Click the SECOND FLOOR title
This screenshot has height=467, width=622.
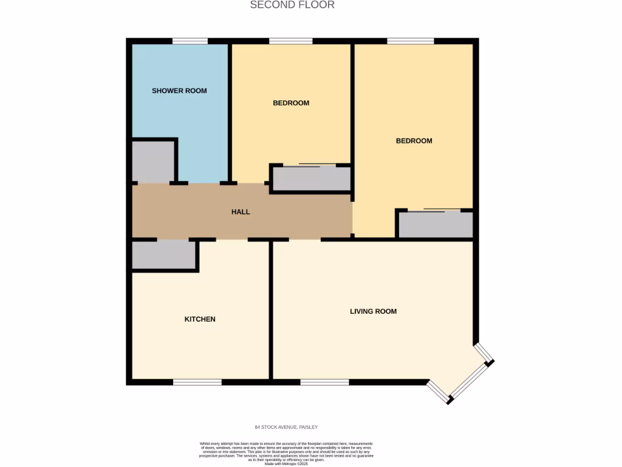point(292,5)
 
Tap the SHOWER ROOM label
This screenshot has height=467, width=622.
point(179,91)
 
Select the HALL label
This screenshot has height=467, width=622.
point(241,212)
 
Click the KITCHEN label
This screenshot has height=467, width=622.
point(200,319)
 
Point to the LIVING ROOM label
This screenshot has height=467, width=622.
point(373,311)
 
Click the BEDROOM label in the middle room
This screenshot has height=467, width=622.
point(291,103)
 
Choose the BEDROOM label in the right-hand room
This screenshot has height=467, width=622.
point(414,140)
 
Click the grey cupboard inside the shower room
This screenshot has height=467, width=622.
point(153,162)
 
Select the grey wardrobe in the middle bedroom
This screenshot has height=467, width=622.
point(311,178)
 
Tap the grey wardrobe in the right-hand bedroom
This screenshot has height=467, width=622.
point(435,224)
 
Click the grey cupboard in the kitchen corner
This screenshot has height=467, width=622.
point(163,254)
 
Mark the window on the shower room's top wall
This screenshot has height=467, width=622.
point(190,41)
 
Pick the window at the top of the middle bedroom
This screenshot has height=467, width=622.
point(290,41)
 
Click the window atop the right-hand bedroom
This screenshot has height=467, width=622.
point(411,41)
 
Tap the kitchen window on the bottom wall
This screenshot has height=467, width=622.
point(197,382)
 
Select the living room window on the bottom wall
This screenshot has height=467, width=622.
point(324,382)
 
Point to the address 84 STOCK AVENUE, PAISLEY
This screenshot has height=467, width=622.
point(286,427)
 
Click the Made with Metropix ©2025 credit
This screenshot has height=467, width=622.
point(287,463)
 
